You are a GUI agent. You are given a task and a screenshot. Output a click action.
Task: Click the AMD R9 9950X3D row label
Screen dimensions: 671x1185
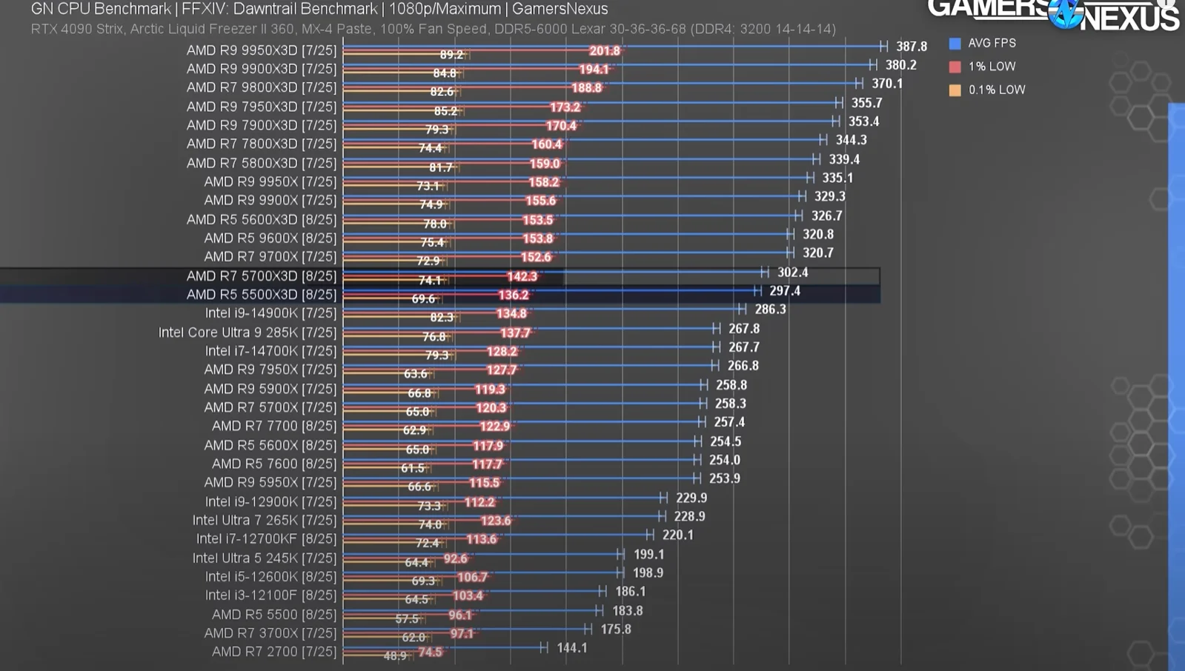click(261, 50)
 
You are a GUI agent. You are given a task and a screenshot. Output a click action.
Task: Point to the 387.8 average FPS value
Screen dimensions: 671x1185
click(911, 47)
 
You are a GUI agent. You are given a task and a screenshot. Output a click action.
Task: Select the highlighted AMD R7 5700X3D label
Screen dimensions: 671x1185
click(261, 276)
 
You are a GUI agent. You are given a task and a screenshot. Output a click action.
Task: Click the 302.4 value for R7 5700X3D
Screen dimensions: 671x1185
click(792, 273)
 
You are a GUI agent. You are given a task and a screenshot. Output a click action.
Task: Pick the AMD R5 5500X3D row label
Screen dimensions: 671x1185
click(261, 295)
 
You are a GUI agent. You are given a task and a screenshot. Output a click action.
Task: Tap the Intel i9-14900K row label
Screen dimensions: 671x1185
click(270, 313)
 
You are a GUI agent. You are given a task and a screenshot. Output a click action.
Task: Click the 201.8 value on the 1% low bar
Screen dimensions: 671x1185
click(604, 51)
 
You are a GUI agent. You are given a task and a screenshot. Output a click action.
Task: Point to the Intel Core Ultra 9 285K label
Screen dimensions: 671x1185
click(247, 333)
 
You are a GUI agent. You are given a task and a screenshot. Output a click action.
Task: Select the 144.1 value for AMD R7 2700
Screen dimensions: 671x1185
click(571, 648)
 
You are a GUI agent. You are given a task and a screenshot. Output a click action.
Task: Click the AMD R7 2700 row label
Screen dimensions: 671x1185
click(273, 652)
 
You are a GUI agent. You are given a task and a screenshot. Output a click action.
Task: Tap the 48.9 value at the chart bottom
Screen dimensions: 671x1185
click(395, 655)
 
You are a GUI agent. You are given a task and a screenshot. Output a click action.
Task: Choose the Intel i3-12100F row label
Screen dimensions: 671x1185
click(270, 595)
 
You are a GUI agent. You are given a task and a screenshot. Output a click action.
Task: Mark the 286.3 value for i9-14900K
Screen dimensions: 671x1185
click(770, 310)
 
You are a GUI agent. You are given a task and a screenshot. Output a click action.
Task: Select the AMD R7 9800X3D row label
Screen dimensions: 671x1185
click(261, 87)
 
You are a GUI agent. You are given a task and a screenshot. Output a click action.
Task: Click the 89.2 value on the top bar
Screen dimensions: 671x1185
click(451, 55)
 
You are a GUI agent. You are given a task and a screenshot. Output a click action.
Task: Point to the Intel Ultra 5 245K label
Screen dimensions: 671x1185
click(264, 558)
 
